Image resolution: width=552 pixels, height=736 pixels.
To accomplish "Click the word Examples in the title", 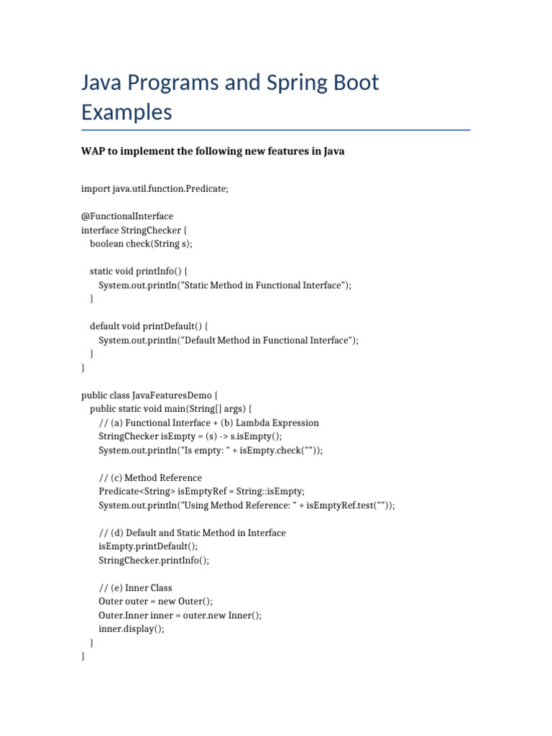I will (x=126, y=113).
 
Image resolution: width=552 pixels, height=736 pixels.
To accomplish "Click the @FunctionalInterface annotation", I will (x=127, y=216).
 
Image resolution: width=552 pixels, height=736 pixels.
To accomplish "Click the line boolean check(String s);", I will (x=141, y=244).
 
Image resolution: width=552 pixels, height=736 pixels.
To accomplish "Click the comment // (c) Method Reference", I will (x=150, y=478).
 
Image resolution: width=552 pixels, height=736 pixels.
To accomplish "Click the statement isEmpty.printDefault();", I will (x=147, y=546).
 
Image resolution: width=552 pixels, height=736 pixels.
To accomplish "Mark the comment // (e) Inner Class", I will (x=135, y=588).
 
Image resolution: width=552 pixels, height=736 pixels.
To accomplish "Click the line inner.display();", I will (x=132, y=629).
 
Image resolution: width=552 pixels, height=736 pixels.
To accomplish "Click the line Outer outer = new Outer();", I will (x=156, y=602).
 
